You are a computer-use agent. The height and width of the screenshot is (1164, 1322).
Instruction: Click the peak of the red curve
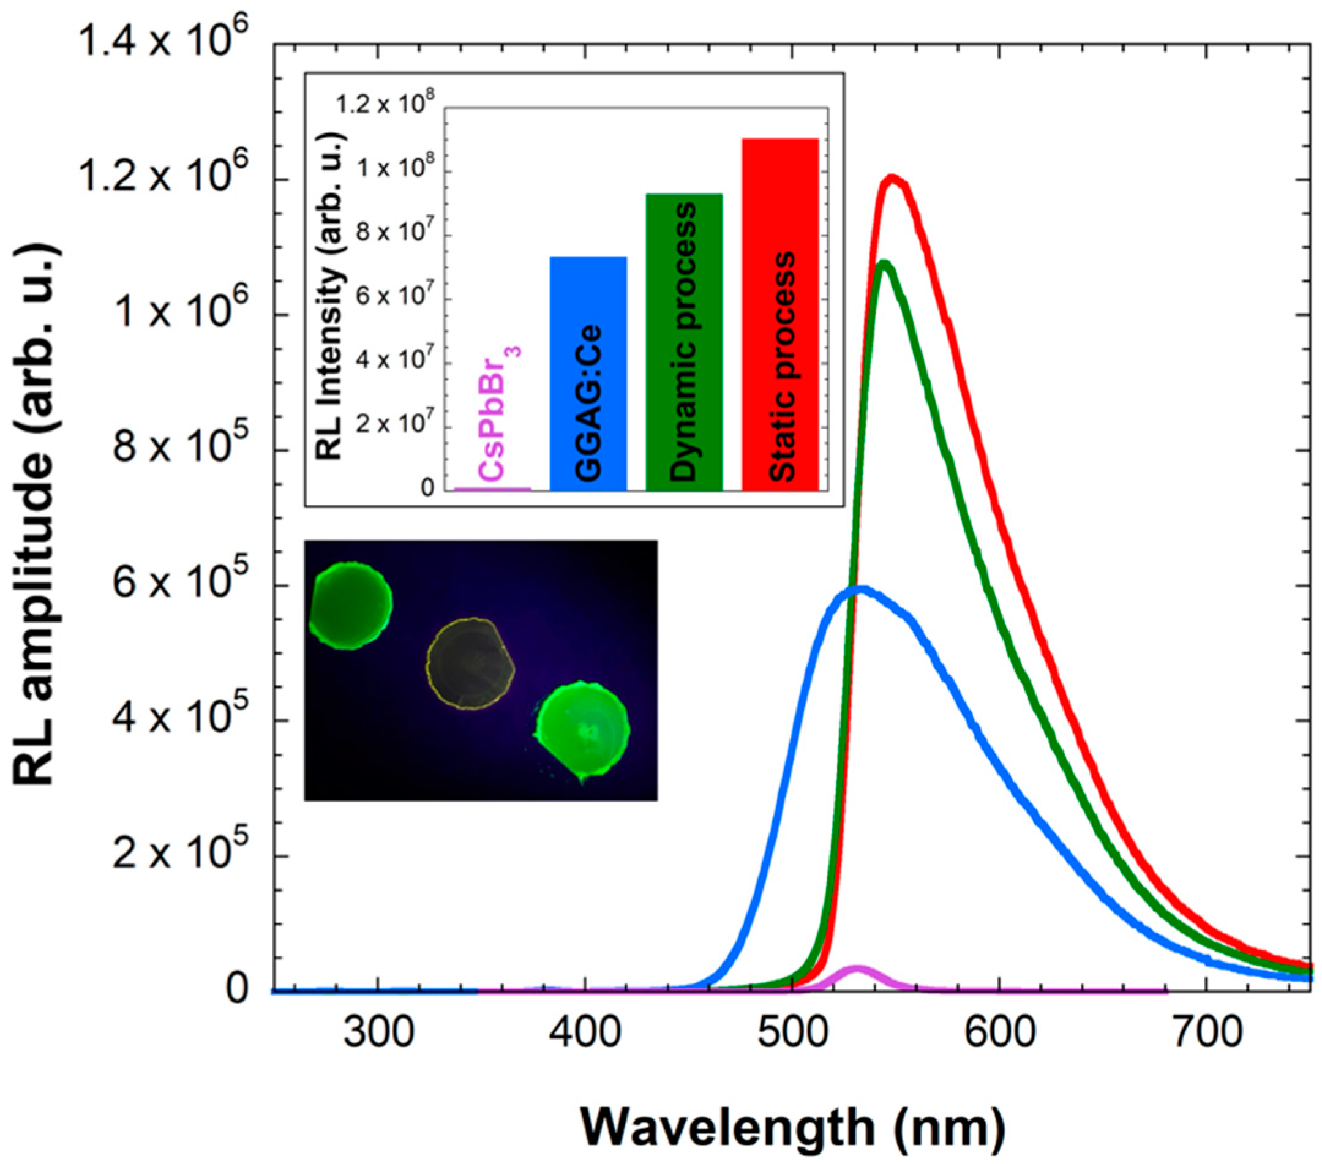893,178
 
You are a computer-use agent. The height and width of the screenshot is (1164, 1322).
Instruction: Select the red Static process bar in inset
780,317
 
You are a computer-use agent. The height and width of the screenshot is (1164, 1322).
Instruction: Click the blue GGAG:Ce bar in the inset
588,375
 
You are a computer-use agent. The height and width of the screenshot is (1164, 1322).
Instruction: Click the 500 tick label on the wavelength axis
793,1034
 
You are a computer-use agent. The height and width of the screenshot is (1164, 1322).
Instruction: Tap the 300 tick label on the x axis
378,1034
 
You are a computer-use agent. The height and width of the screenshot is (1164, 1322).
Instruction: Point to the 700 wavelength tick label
1207,1034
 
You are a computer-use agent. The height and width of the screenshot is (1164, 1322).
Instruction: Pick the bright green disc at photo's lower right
582,730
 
